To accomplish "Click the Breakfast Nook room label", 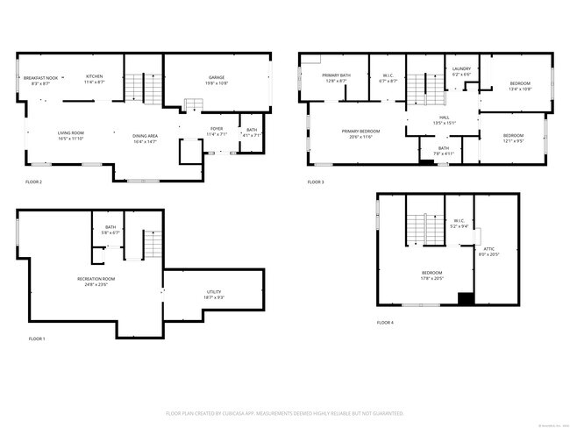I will (39, 80).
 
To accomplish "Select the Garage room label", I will (217, 78).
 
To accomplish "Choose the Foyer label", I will (216, 131).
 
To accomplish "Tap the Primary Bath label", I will (336, 76).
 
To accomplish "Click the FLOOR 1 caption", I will (37, 339).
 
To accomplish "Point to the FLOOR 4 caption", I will (386, 323).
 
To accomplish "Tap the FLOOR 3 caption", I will (316, 182).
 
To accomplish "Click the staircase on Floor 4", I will (424, 230).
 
